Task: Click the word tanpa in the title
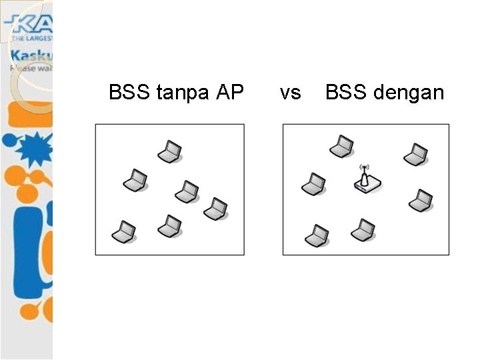(x=183, y=93)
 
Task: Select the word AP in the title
(x=230, y=92)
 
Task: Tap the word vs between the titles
(x=290, y=93)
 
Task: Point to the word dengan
(x=409, y=93)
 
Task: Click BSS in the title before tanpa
(x=130, y=92)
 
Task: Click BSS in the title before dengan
(x=345, y=92)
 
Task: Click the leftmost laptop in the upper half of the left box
(x=135, y=179)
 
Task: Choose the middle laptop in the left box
(x=187, y=191)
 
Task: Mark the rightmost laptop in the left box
(x=215, y=209)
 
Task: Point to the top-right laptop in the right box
(x=415, y=155)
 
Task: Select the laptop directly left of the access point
(x=313, y=184)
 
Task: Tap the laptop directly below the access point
(x=363, y=230)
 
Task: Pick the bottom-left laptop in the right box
(x=317, y=235)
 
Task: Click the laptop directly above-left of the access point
(x=341, y=146)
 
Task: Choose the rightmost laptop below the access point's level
(x=421, y=200)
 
